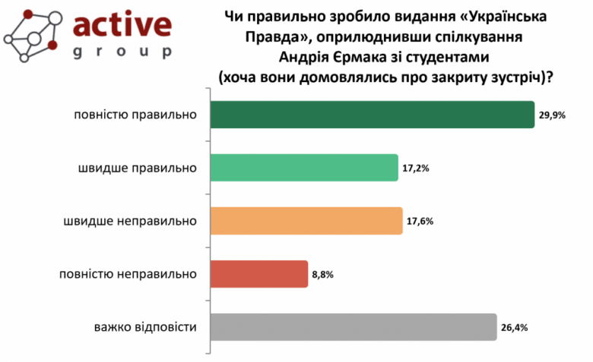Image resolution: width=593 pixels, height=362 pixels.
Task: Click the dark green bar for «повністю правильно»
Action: click(371, 115)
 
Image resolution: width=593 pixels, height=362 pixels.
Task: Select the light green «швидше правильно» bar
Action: click(303, 168)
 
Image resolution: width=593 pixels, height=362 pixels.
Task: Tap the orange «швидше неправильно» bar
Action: click(306, 221)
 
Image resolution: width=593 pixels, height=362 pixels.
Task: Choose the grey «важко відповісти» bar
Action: click(352, 327)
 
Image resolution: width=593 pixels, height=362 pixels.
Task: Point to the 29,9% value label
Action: click(553, 115)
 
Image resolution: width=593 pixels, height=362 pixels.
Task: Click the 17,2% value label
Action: click(418, 168)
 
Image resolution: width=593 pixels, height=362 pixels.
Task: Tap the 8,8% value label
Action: click(321, 275)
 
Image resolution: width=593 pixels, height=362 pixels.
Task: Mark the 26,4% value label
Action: click(515, 328)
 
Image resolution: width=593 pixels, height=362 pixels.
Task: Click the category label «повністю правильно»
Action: click(131, 115)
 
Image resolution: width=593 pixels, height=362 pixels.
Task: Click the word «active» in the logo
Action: click(122, 24)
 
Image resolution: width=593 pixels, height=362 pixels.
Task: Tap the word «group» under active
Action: click(122, 52)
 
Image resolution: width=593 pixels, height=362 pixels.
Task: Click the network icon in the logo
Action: click(33, 35)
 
